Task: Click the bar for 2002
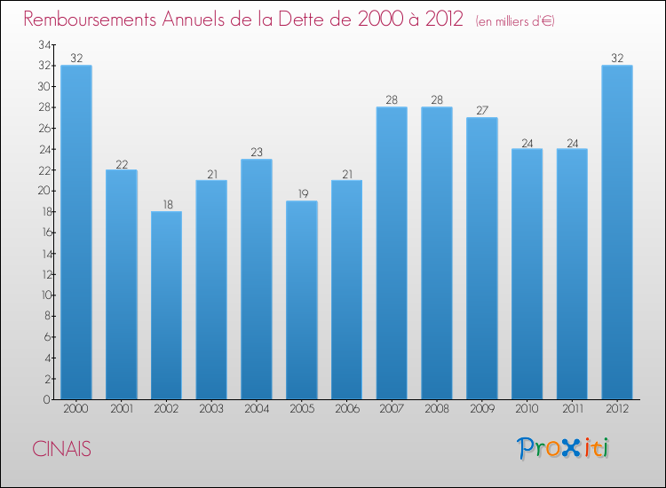tap(166, 305)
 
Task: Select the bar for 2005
tap(301, 300)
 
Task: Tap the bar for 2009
tap(481, 258)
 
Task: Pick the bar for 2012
tap(616, 232)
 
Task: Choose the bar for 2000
tap(76, 232)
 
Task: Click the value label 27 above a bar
tap(481, 111)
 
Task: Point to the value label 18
tap(166, 205)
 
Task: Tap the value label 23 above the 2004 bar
tap(257, 153)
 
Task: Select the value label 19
tap(301, 194)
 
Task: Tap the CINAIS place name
tap(61, 449)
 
